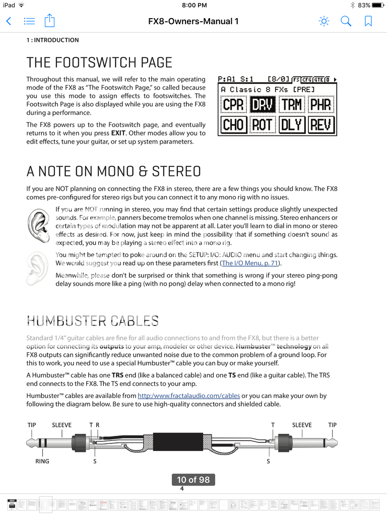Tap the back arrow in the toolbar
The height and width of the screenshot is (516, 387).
tap(9, 21)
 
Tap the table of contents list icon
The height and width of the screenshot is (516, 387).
tap(29, 21)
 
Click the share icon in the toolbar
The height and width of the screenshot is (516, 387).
tap(49, 21)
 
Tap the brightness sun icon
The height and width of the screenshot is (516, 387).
tap(324, 21)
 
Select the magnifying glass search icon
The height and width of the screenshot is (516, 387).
tap(346, 21)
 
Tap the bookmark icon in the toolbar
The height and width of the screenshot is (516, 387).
tap(368, 21)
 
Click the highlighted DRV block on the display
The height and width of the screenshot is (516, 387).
tap(263, 104)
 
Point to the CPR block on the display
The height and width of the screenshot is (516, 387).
tap(233, 104)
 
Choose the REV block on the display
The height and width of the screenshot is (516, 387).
tap(320, 124)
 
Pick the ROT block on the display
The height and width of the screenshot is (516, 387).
tap(263, 124)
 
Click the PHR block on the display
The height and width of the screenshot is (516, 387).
tap(320, 104)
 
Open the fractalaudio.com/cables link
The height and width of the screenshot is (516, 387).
tap(188, 396)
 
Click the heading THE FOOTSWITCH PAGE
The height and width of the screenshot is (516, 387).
tap(99, 62)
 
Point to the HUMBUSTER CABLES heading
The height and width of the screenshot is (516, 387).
tap(92, 320)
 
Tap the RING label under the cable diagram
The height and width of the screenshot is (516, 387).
tap(42, 461)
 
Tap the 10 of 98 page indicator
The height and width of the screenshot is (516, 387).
tap(193, 480)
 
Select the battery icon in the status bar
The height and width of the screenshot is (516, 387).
tap(378, 5)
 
